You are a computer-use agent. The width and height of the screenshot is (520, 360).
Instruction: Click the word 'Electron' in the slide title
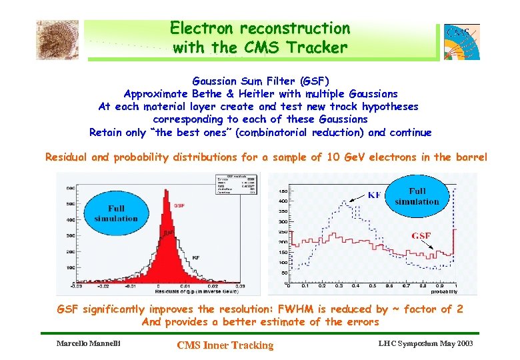pyautogui.click(x=202, y=29)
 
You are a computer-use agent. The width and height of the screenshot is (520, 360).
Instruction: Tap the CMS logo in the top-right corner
pyautogui.click(x=461, y=41)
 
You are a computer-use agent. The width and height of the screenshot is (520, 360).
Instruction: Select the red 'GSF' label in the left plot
pyautogui.click(x=179, y=206)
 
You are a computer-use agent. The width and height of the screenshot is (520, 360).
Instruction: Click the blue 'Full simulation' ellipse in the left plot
pyautogui.click(x=116, y=213)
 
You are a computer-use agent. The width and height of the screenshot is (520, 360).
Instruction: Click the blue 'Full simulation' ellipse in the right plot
pyautogui.click(x=417, y=196)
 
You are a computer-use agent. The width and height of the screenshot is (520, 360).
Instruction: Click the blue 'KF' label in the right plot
pyautogui.click(x=375, y=195)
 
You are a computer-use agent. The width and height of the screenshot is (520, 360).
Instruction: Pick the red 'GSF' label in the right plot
pyautogui.click(x=420, y=235)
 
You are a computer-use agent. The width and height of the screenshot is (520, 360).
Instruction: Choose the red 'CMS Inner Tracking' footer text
pyautogui.click(x=225, y=345)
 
